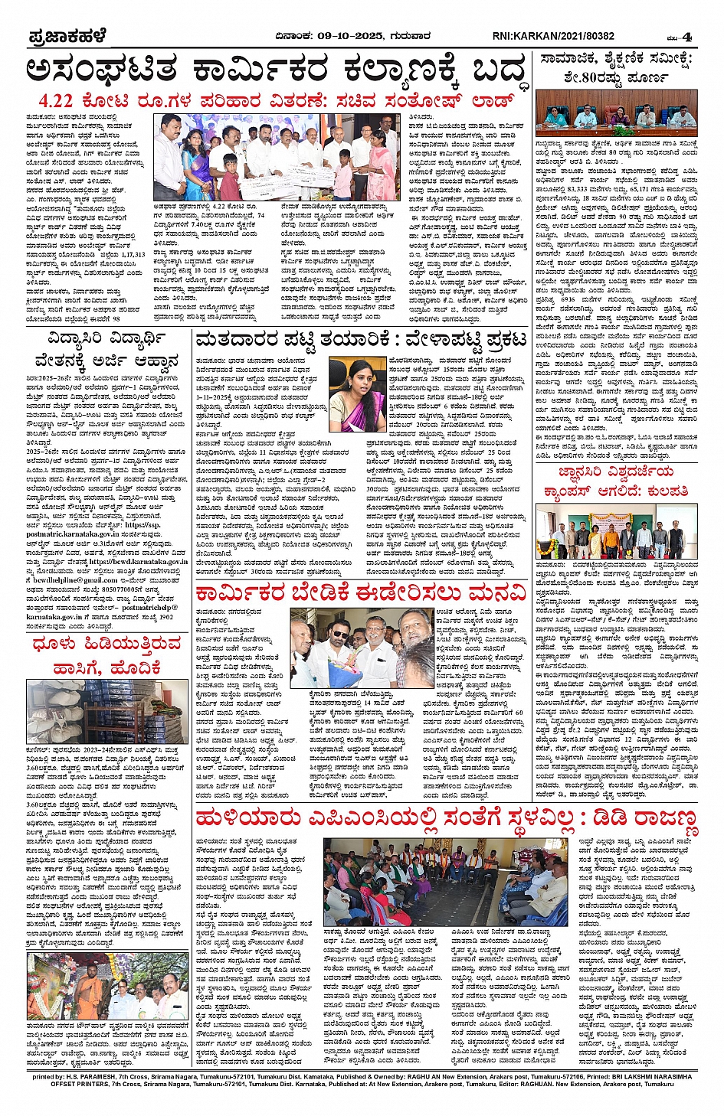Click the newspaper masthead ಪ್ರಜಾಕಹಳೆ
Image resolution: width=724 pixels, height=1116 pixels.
pyautogui.click(x=67, y=36)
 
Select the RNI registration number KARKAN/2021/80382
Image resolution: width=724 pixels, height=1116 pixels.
pyautogui.click(x=565, y=36)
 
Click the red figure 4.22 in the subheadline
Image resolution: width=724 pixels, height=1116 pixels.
pyautogui.click(x=56, y=101)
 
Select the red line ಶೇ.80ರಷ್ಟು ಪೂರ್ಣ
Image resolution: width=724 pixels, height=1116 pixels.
pyautogui.click(x=617, y=77)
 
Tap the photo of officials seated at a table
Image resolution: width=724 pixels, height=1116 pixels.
pyautogui.click(x=617, y=115)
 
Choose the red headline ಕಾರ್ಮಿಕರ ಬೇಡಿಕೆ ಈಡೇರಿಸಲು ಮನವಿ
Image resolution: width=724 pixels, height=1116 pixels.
pyautogui.click(x=361, y=592)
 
